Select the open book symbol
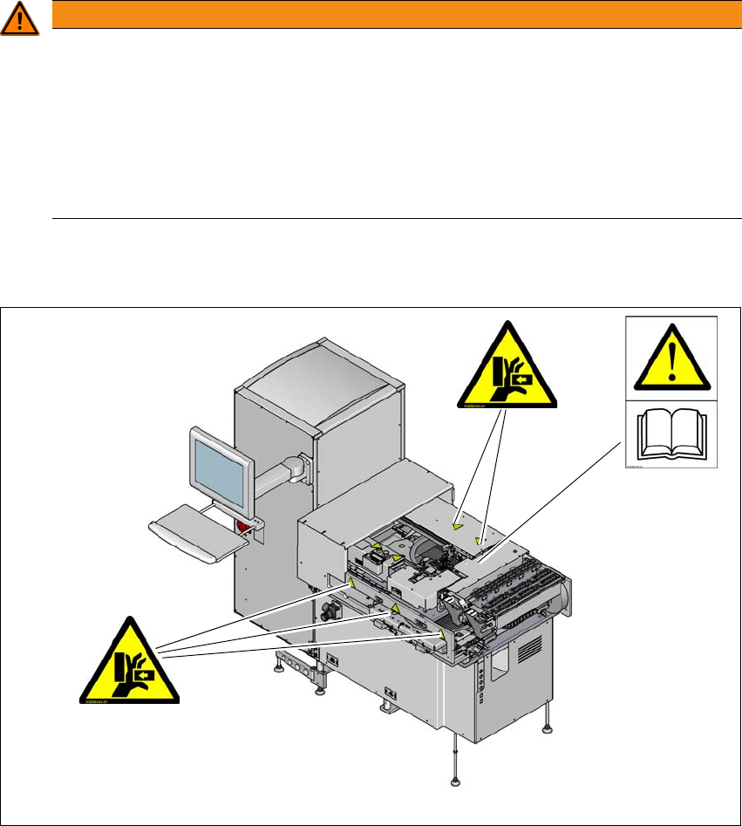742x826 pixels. pyautogui.click(x=671, y=435)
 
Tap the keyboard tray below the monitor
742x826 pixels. pyautogui.click(x=199, y=539)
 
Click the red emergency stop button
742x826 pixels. pyautogui.click(x=243, y=526)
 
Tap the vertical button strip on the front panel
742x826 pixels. pyautogui.click(x=478, y=697)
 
